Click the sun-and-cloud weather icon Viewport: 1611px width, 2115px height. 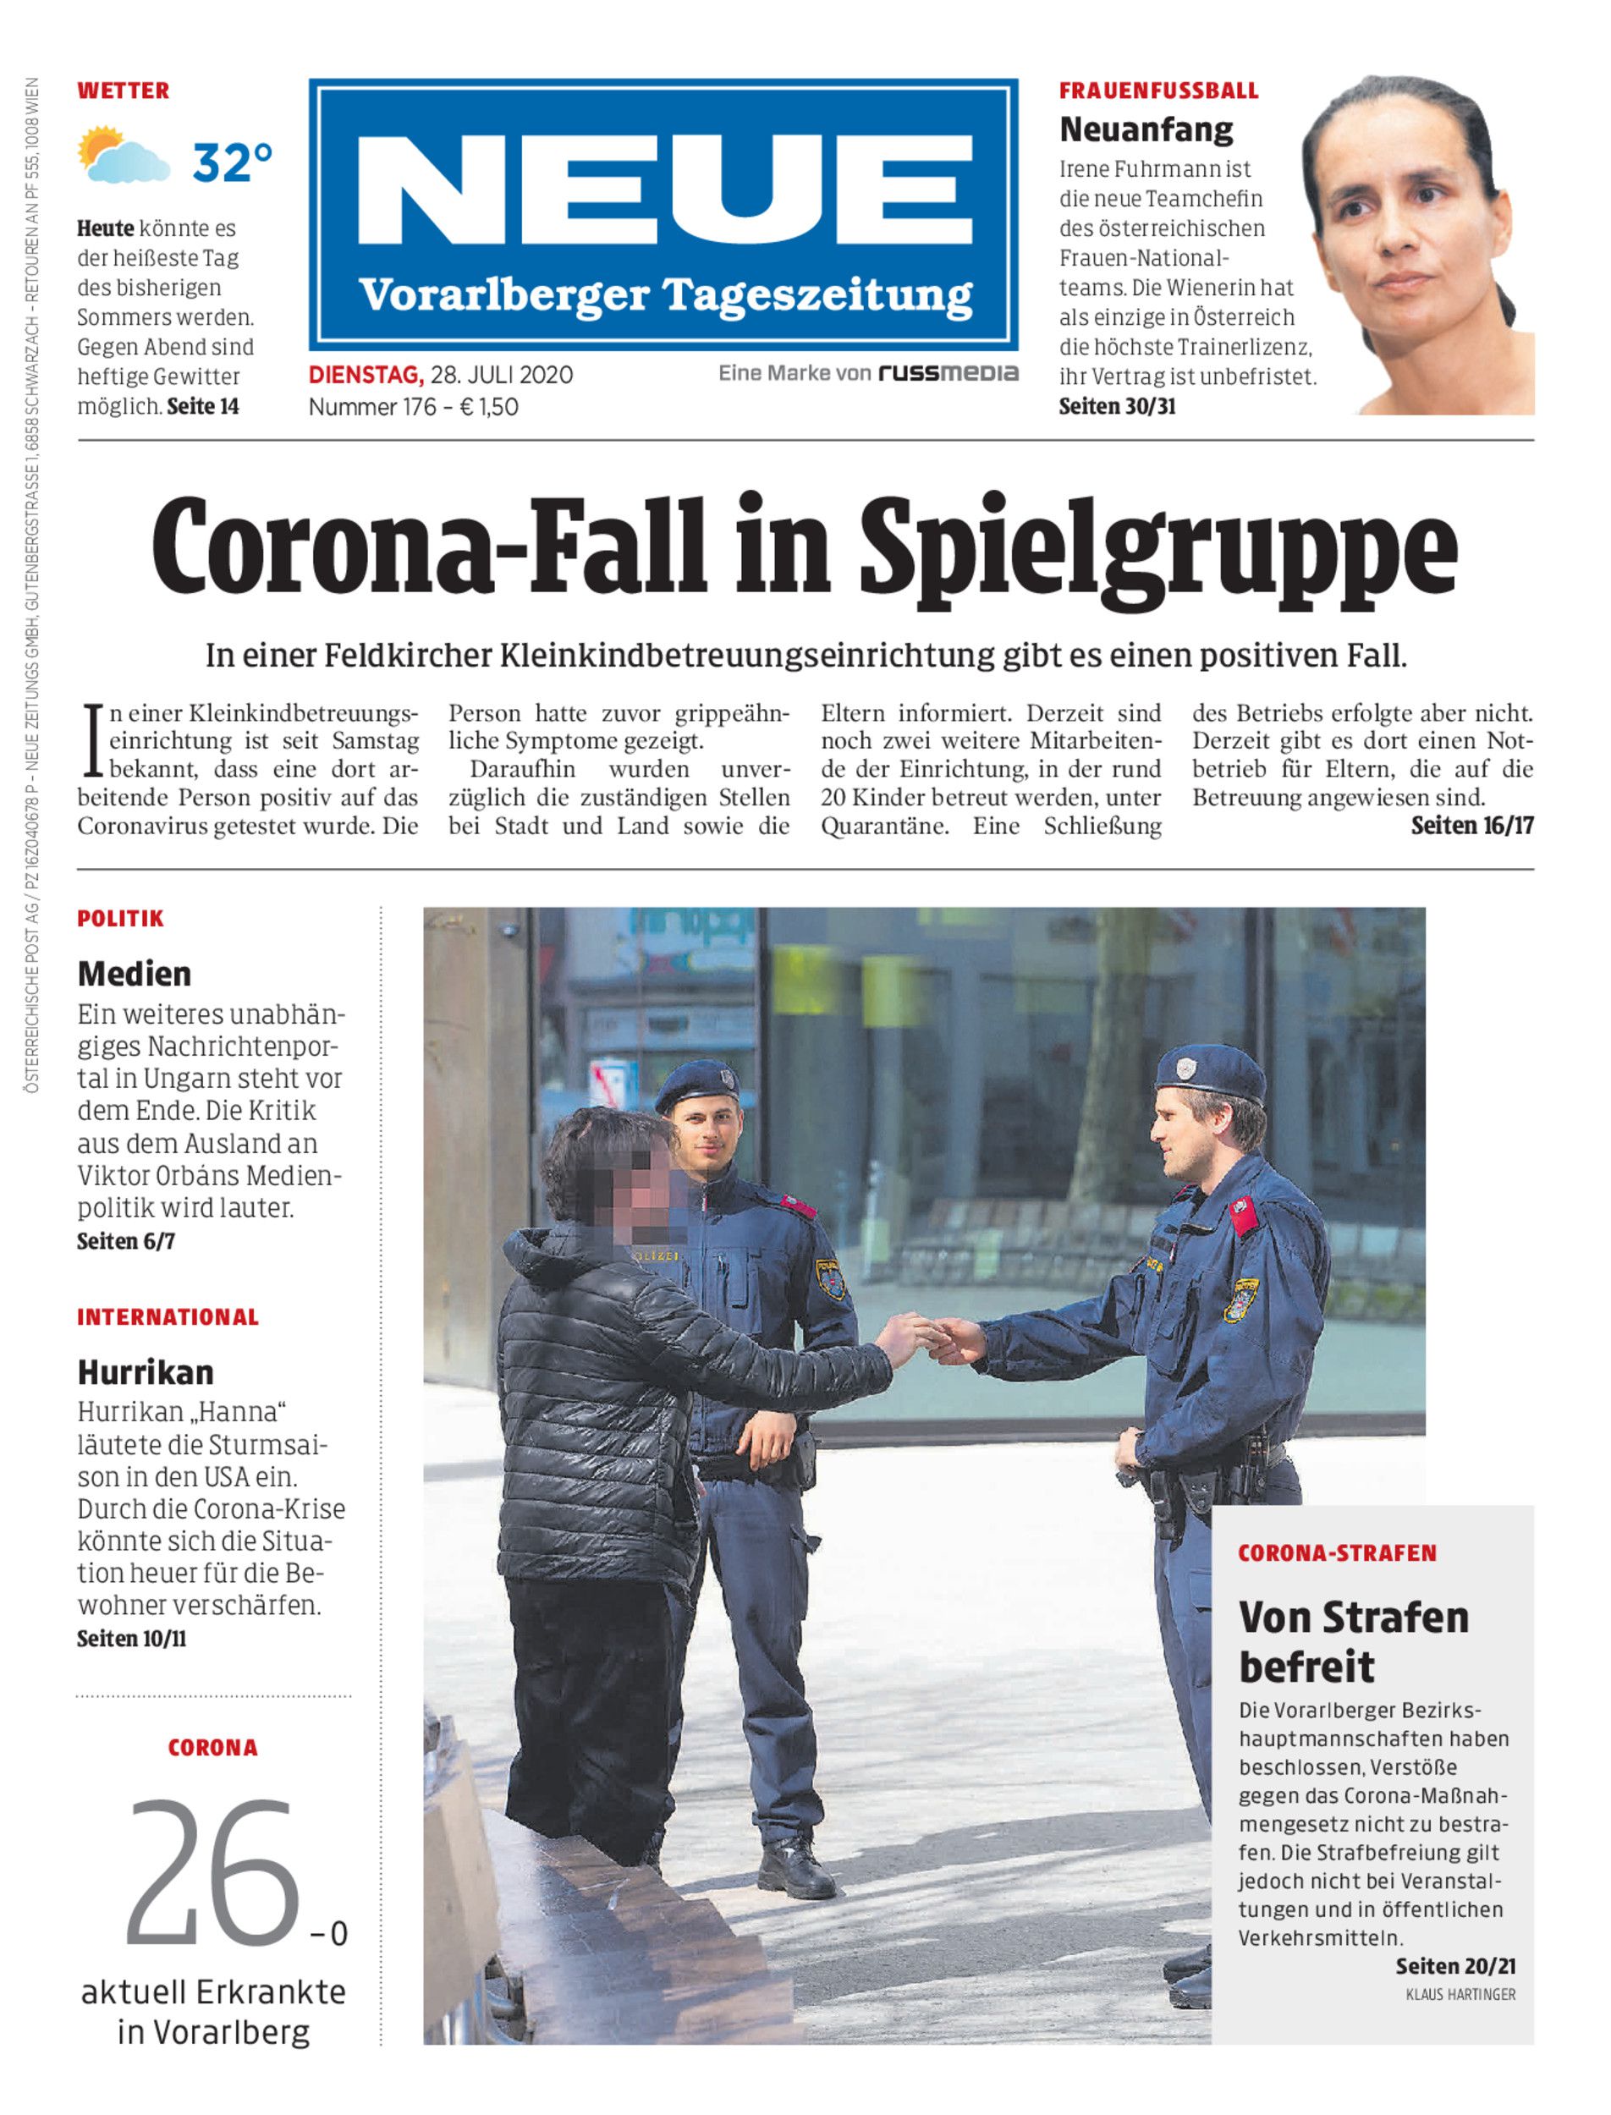[x=123, y=156]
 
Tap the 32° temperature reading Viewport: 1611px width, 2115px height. [x=233, y=162]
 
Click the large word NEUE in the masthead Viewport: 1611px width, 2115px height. [x=663, y=190]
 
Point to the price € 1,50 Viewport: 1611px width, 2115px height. [x=489, y=407]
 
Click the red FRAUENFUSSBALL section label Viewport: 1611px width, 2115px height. [x=1158, y=91]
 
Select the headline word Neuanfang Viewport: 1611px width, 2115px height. [x=1146, y=129]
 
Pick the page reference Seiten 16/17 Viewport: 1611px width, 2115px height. [x=1472, y=826]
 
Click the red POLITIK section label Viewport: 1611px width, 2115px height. [x=121, y=919]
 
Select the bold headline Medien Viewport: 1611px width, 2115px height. [x=135, y=974]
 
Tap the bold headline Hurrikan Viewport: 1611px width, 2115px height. [x=146, y=1372]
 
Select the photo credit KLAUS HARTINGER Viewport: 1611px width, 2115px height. [x=1460, y=1994]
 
